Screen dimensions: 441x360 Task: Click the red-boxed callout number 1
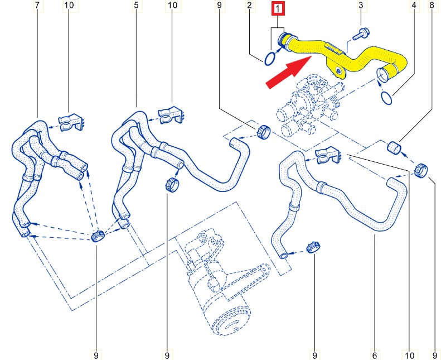[x=278, y=8]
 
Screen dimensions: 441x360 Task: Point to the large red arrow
[x=288, y=72]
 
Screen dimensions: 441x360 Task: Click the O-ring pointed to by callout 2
[x=269, y=59]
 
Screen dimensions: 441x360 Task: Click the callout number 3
[x=361, y=5]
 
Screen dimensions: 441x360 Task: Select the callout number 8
[x=432, y=5]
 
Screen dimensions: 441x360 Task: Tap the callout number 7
[x=37, y=5]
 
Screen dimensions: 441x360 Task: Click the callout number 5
[x=137, y=5]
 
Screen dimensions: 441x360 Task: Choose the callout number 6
[x=374, y=355]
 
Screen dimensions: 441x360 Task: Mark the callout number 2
[x=249, y=5]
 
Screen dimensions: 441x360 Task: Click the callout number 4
[x=414, y=5]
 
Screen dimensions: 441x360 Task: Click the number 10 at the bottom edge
[x=409, y=355]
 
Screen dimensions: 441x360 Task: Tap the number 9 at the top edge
[x=219, y=5]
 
